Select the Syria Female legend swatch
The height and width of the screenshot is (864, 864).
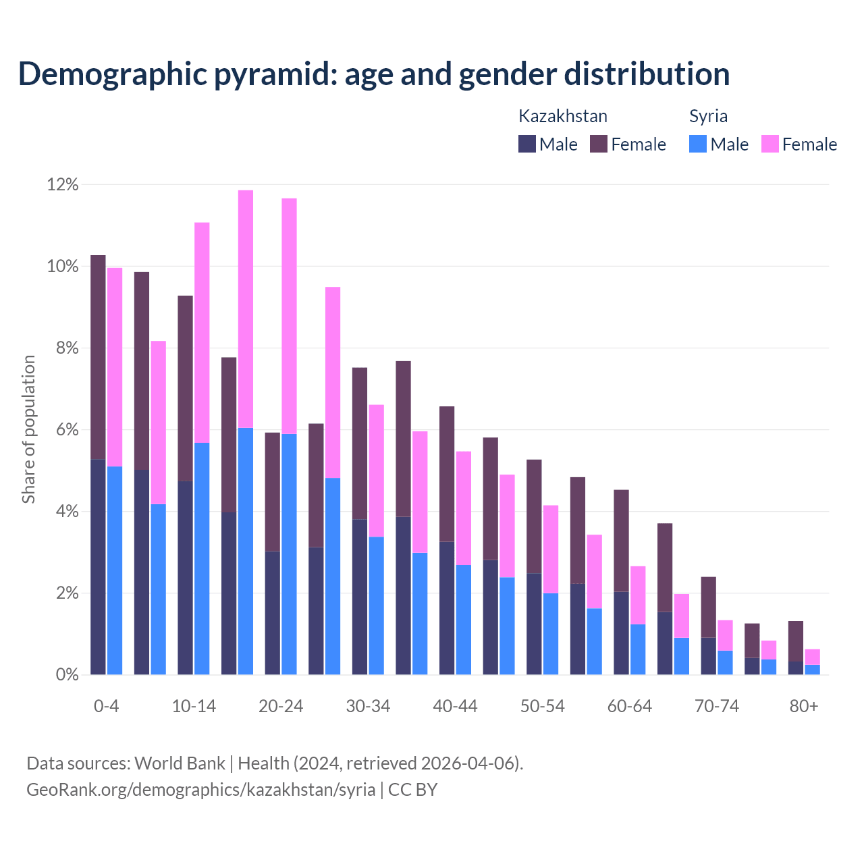[769, 144]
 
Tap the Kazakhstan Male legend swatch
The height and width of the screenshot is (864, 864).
[526, 144]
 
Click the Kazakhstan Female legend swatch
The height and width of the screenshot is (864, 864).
[599, 144]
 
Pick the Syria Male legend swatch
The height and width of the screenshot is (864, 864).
[698, 144]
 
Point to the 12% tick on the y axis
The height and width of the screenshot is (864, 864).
[63, 185]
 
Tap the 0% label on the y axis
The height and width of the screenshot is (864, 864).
[66, 675]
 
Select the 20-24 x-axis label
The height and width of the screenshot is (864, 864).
[281, 707]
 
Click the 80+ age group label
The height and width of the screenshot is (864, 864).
[804, 707]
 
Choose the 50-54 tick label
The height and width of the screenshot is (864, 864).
[543, 707]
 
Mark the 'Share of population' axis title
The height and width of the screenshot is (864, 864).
[29, 429]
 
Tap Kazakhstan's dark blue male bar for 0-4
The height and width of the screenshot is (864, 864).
[98, 567]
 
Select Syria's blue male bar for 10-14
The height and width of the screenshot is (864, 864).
[202, 559]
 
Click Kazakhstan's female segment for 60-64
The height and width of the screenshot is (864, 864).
[621, 541]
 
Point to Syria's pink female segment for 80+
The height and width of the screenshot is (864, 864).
[813, 657]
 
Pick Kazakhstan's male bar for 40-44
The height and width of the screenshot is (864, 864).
[447, 607]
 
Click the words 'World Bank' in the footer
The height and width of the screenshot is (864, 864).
[180, 763]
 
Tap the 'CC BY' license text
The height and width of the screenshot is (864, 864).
[412, 790]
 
